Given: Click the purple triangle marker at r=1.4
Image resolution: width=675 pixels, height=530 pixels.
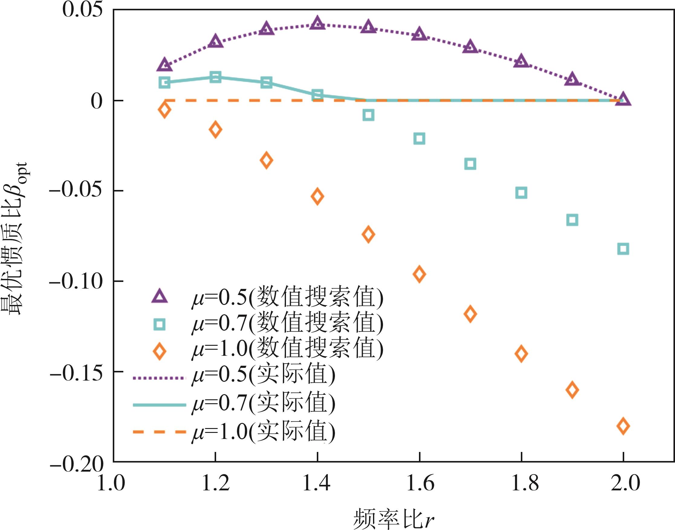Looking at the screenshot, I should click(317, 24).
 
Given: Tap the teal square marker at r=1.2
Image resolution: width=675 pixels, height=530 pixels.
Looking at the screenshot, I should click(216, 77).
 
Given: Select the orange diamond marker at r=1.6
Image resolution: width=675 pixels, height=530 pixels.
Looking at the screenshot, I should click(419, 274).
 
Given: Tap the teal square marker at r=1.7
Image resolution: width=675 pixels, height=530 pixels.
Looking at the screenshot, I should click(470, 164).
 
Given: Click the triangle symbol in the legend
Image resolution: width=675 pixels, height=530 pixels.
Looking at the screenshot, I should click(159, 296).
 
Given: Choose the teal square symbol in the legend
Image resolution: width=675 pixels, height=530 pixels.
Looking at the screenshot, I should click(159, 325).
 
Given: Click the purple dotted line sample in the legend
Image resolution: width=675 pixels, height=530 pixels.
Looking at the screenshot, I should click(159, 378).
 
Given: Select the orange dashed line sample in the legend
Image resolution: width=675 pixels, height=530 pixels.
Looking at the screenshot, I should click(159, 432).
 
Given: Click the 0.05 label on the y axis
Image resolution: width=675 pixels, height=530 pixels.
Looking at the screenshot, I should click(82, 10).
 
